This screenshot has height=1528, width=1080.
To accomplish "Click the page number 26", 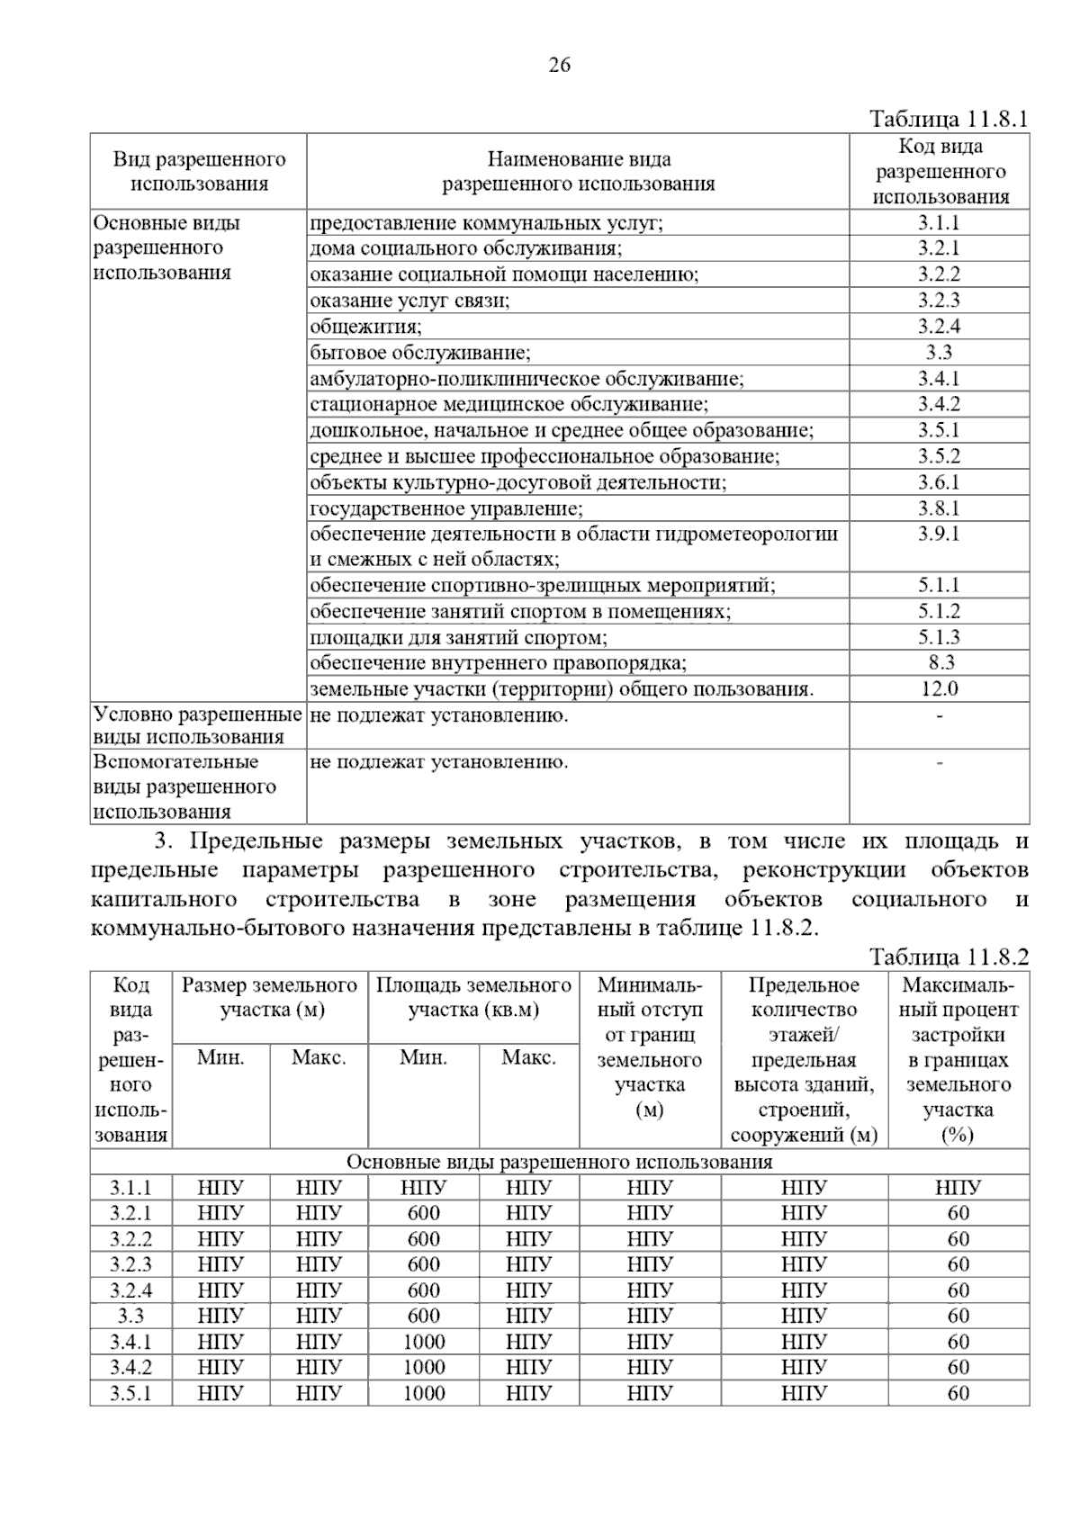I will tap(559, 65).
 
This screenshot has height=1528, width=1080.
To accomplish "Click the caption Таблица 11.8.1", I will tap(949, 119).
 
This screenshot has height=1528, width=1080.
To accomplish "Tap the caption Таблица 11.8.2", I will tap(949, 957).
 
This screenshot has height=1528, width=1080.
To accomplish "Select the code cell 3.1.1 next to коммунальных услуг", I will tap(939, 223).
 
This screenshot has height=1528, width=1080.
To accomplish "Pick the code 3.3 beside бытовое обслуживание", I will tap(939, 353).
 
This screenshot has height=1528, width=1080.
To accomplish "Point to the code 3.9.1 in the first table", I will tap(939, 534).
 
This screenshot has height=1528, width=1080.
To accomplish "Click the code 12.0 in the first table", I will tap(939, 689).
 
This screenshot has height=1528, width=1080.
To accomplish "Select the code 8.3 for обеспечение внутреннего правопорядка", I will tap(939, 663).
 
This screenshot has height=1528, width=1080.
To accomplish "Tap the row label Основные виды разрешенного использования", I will tap(166, 247).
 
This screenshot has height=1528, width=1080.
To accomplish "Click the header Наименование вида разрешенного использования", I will tap(578, 172).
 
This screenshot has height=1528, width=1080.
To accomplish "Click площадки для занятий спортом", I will tap(458, 638).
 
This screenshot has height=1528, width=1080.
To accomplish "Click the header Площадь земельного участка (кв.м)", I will tap(473, 997).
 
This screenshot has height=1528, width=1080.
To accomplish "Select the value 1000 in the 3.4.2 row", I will tap(424, 1367).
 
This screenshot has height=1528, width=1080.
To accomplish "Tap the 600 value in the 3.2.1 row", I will tap(424, 1213).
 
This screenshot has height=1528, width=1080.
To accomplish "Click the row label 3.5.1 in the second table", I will tap(131, 1393).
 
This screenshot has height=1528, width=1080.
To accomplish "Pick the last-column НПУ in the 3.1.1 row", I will tap(958, 1188).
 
